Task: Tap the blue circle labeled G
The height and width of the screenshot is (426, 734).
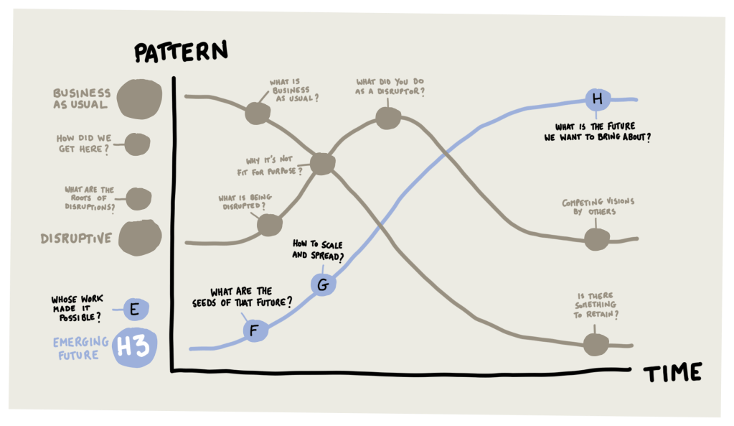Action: click(x=323, y=285)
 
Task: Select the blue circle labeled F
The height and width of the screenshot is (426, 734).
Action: click(x=253, y=330)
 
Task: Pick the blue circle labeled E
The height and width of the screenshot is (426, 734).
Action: click(x=133, y=310)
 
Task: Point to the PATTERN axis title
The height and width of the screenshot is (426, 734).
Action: click(x=181, y=52)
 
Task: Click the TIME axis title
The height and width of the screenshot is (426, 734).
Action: click(x=672, y=372)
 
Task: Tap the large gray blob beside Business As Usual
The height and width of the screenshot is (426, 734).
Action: click(x=140, y=98)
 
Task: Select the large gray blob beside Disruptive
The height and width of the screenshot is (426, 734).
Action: click(x=140, y=238)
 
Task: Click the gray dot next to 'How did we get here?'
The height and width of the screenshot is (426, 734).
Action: click(x=136, y=144)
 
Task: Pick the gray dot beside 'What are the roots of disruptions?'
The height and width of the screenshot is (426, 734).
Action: click(x=138, y=198)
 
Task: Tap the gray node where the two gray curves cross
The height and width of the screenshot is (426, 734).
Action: click(x=322, y=165)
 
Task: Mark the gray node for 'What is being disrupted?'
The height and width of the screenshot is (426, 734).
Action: click(x=269, y=225)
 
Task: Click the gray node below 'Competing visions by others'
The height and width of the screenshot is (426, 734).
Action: click(x=596, y=239)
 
